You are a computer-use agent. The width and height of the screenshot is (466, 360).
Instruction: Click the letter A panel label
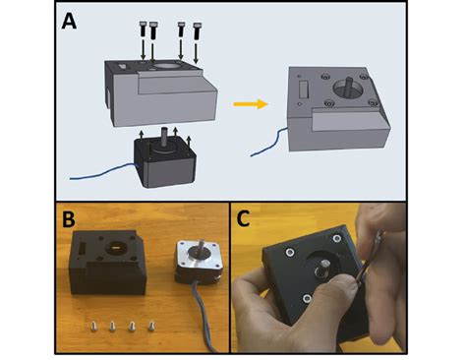click(x=70, y=22)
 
